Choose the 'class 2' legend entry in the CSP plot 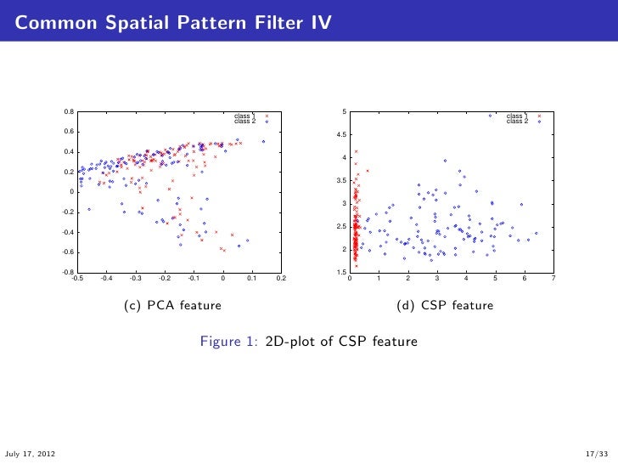517,122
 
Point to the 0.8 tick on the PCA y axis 68,112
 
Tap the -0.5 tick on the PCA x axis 76,278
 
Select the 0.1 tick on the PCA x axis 252,278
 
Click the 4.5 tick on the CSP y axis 340,135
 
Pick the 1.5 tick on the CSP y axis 340,272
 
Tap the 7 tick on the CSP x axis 553,278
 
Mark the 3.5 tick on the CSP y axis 340,181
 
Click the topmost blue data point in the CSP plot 491,116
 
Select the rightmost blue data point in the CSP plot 536,232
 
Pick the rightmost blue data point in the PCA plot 264,141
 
